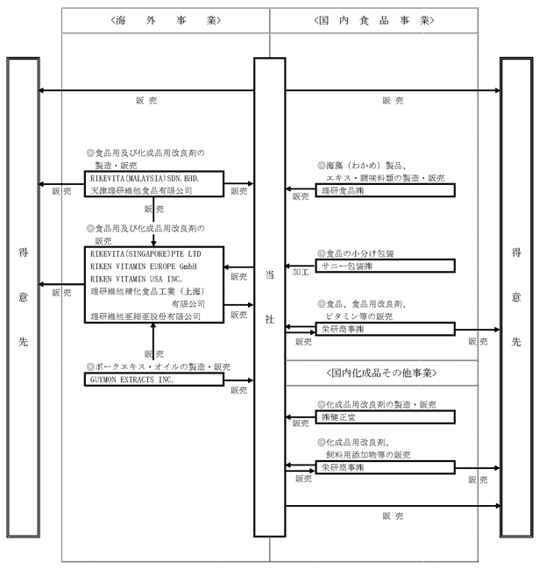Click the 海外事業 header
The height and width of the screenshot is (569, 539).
pos(166,20)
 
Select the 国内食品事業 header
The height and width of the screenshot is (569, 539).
pos(374,20)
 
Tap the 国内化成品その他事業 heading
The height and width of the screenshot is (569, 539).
pos(381,373)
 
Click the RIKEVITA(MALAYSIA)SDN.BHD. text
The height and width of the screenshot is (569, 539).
pos(145,178)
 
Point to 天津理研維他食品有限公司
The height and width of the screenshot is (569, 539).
pos(141,190)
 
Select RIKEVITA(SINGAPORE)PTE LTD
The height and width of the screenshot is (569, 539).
pos(145,253)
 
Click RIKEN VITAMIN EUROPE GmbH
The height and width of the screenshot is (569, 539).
pos(144,267)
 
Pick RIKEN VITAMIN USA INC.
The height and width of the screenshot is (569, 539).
pos(137,279)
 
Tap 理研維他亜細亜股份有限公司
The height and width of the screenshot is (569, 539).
pos(145,317)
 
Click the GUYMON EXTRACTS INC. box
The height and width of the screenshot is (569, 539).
pos(154,380)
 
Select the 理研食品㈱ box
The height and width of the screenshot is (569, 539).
pos(386,190)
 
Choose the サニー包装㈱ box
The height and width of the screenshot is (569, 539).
pos(386,266)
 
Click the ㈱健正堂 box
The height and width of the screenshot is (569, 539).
pos(386,417)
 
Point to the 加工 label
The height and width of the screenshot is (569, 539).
pos(301,272)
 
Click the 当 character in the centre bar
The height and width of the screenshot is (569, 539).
pos(270,274)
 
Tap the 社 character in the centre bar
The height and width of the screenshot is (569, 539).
pos(270,319)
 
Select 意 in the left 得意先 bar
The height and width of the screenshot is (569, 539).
pos(23,297)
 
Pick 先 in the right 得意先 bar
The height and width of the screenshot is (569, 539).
pos(516,341)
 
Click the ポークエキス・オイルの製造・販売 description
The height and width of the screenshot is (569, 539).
pos(159,366)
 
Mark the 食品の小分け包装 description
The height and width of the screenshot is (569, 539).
pos(356,253)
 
